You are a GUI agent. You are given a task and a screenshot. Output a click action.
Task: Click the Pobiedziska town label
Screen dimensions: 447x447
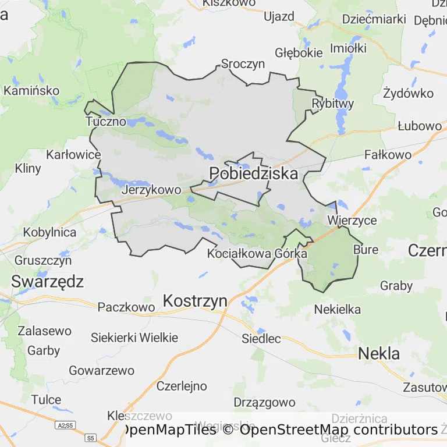[x=253, y=173]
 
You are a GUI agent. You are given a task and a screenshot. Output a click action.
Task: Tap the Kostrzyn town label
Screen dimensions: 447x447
[x=195, y=301]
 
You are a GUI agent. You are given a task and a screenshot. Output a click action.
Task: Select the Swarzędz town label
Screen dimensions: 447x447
[x=48, y=282]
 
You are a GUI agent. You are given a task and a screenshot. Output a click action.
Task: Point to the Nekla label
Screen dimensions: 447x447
[x=379, y=353]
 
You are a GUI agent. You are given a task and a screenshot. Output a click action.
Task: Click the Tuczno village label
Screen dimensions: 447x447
[x=105, y=122]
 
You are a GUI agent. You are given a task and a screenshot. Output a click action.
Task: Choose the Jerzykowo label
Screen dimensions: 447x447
[x=151, y=190]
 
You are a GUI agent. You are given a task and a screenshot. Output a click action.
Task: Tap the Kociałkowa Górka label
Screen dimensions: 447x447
[x=257, y=254]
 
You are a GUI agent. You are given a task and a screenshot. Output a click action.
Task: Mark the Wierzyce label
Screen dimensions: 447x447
[x=352, y=221]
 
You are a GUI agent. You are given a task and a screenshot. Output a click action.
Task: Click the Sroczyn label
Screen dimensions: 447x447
[x=243, y=64]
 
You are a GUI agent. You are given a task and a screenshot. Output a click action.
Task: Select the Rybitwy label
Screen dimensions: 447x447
[x=333, y=104]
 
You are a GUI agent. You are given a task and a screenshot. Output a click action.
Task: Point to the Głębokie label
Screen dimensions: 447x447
[x=299, y=53]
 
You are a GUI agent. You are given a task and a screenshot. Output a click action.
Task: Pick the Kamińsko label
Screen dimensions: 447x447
[x=31, y=91]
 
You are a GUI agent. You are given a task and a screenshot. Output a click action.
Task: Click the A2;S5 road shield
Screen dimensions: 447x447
[x=65, y=425]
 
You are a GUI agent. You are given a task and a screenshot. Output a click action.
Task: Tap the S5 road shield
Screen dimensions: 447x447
[x=90, y=437]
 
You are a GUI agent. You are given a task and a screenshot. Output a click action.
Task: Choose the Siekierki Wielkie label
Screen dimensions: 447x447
[x=134, y=338]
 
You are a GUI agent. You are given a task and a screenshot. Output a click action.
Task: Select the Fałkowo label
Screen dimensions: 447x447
[x=388, y=155]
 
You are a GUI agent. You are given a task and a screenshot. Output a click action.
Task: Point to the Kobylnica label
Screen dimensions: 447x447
[x=49, y=232]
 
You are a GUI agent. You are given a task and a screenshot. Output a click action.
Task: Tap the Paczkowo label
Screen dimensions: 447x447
[x=126, y=307]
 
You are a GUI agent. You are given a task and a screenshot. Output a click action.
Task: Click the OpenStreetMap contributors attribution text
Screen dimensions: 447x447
[x=338, y=430]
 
